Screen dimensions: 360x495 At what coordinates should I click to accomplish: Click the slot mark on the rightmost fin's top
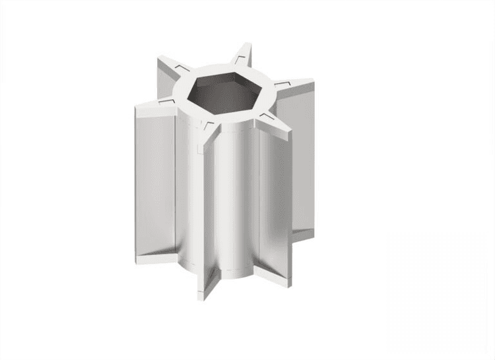coord(281,85)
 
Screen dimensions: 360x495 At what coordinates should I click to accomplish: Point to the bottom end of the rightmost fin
coord(307,228)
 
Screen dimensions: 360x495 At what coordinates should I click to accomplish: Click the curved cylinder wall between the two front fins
coord(234,198)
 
